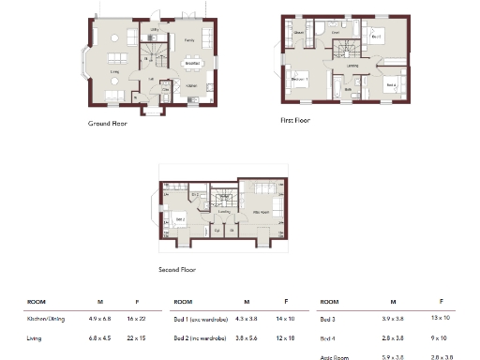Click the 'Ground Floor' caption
[109, 122]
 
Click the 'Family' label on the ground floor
[188, 41]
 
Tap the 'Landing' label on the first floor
[352, 66]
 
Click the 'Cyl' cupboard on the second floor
[217, 228]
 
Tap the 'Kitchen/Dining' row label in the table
[44, 321]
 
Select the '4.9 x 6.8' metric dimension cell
[100, 321]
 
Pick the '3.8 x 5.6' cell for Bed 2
[247, 337]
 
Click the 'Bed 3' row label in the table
[328, 321]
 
